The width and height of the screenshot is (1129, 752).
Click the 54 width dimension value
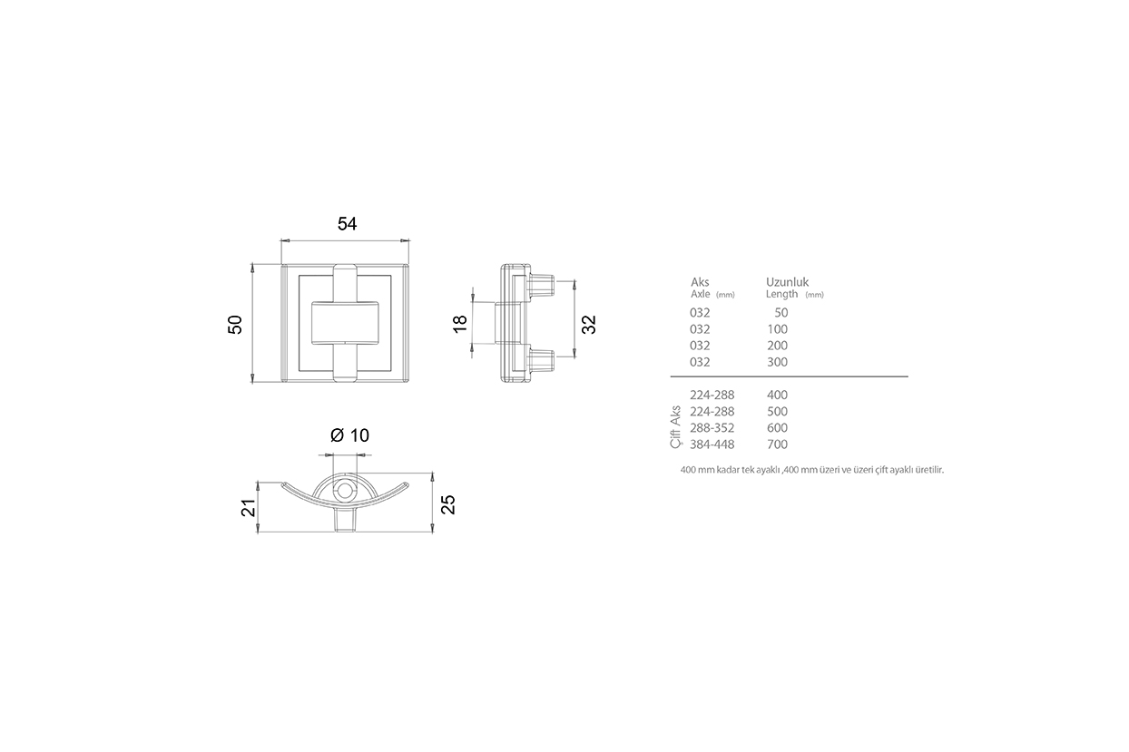click(x=347, y=224)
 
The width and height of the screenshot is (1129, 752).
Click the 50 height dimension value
click(x=235, y=325)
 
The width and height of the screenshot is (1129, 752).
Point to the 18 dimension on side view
click(x=460, y=323)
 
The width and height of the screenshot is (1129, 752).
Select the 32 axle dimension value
click(x=589, y=325)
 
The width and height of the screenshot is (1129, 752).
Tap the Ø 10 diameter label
click(x=349, y=435)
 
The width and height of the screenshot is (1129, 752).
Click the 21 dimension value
click(x=249, y=508)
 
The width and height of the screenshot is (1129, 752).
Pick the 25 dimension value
click(x=448, y=504)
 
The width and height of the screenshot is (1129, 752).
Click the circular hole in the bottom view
click(x=345, y=490)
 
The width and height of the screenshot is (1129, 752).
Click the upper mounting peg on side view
click(x=541, y=286)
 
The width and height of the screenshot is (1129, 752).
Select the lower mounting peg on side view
click(x=541, y=359)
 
